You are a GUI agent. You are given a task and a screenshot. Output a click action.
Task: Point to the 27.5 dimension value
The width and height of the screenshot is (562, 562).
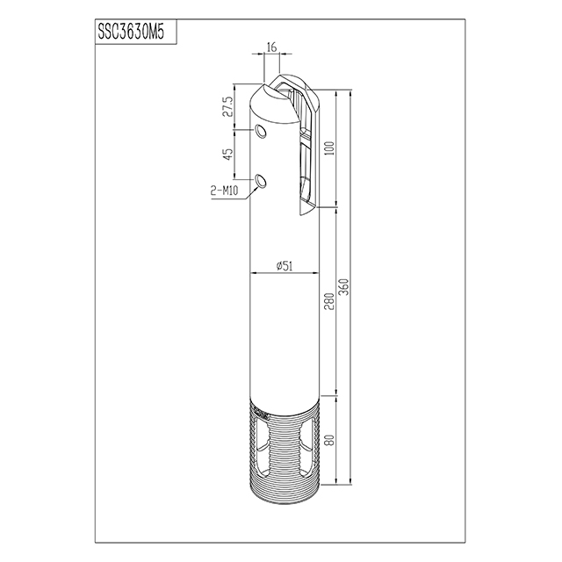pyautogui.click(x=227, y=106)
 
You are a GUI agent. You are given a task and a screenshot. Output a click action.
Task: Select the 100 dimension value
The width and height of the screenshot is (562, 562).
pyautogui.click(x=328, y=148)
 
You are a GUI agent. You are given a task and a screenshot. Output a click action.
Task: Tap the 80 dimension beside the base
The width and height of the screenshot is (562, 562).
pyautogui.click(x=328, y=442)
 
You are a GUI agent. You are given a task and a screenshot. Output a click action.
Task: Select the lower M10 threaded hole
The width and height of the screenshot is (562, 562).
pyautogui.click(x=261, y=181)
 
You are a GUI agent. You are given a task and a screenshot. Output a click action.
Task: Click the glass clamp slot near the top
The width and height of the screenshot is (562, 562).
pyautogui.click(x=304, y=149)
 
